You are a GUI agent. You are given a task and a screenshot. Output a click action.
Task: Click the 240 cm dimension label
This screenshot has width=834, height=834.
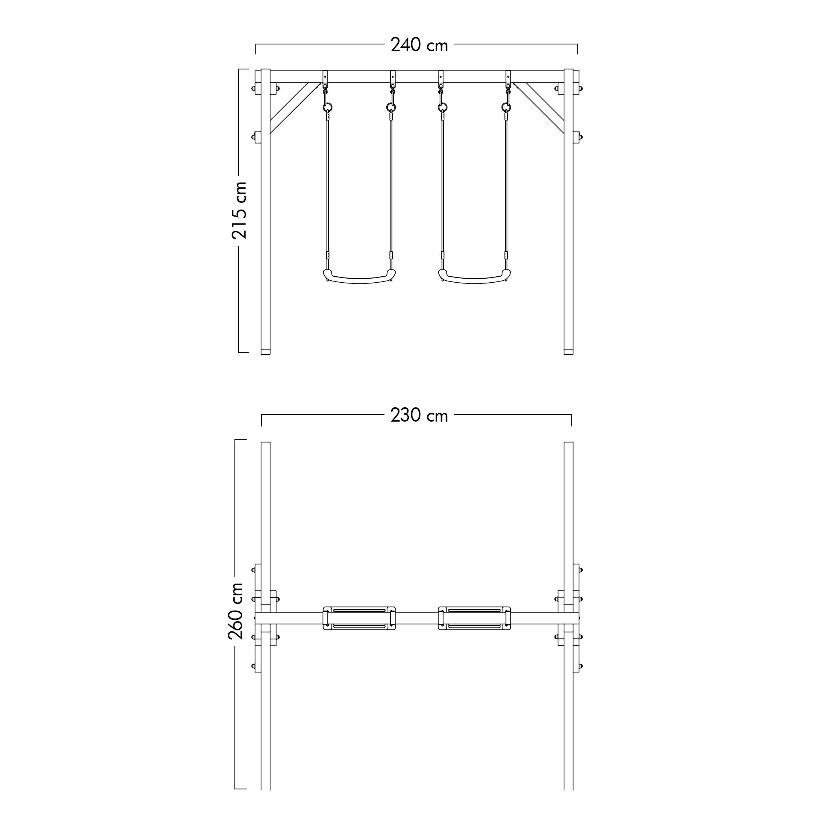(419, 45)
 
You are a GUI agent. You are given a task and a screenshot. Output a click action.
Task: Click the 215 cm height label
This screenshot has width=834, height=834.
(239, 210)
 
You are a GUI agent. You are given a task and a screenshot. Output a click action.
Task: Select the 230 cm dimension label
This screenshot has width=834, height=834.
(419, 415)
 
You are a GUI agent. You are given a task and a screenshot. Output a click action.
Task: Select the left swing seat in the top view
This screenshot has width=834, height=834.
(359, 618)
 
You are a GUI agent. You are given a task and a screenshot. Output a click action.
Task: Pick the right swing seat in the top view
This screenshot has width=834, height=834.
(474, 618)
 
